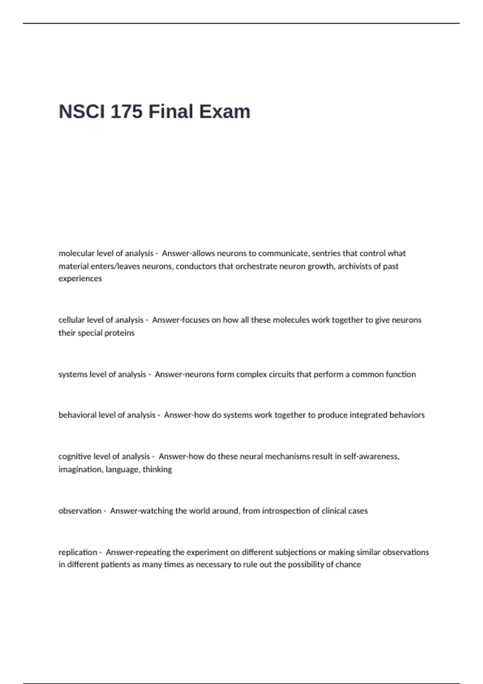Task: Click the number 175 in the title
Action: (x=126, y=111)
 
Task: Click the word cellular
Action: (x=71, y=320)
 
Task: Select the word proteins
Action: (x=119, y=333)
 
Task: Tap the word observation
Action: (x=80, y=511)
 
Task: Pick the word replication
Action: (x=78, y=552)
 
